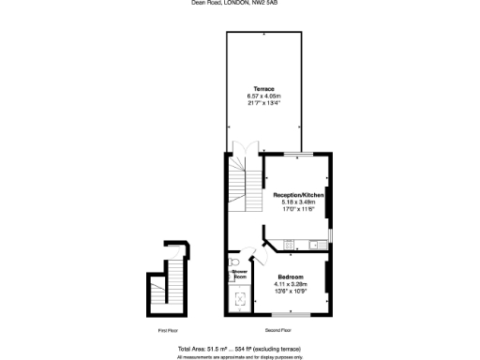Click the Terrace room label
[x=263, y=88]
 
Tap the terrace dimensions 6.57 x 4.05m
[x=263, y=96]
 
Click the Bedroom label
[x=289, y=276]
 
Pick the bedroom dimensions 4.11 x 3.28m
[x=289, y=283]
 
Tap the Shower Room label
[x=239, y=275]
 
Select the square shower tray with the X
[x=240, y=300]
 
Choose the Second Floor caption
[x=278, y=331]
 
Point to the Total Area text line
[x=240, y=348]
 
